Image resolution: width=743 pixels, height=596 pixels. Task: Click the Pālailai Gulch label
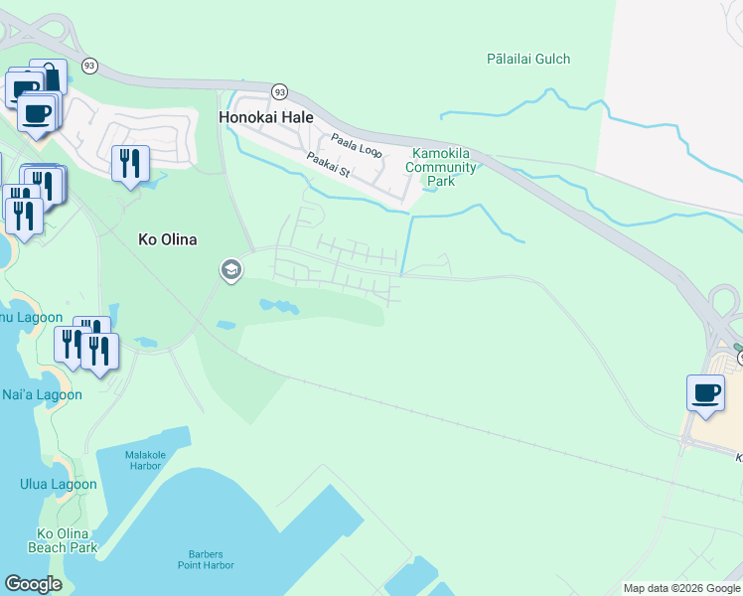(x=528, y=59)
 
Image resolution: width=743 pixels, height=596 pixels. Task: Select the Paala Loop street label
(x=357, y=145)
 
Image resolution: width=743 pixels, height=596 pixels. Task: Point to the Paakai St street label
(x=329, y=164)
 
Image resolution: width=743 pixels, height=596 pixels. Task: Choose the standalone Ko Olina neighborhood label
(x=167, y=239)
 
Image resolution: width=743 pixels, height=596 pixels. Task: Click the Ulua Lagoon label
(x=59, y=485)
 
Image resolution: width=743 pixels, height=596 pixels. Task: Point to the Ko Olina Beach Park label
(x=68, y=540)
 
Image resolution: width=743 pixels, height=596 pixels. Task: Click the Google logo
(x=34, y=584)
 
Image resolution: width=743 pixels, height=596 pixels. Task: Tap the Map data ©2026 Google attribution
(x=682, y=588)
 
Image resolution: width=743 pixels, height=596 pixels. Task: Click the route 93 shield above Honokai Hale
(x=280, y=91)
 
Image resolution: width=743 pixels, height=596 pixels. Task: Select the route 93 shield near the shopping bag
(x=90, y=65)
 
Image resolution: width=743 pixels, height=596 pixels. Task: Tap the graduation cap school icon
(x=231, y=269)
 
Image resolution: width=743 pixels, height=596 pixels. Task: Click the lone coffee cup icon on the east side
(x=705, y=392)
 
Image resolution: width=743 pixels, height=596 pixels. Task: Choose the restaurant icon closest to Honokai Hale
(x=130, y=163)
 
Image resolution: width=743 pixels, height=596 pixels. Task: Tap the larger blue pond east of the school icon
(x=278, y=306)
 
